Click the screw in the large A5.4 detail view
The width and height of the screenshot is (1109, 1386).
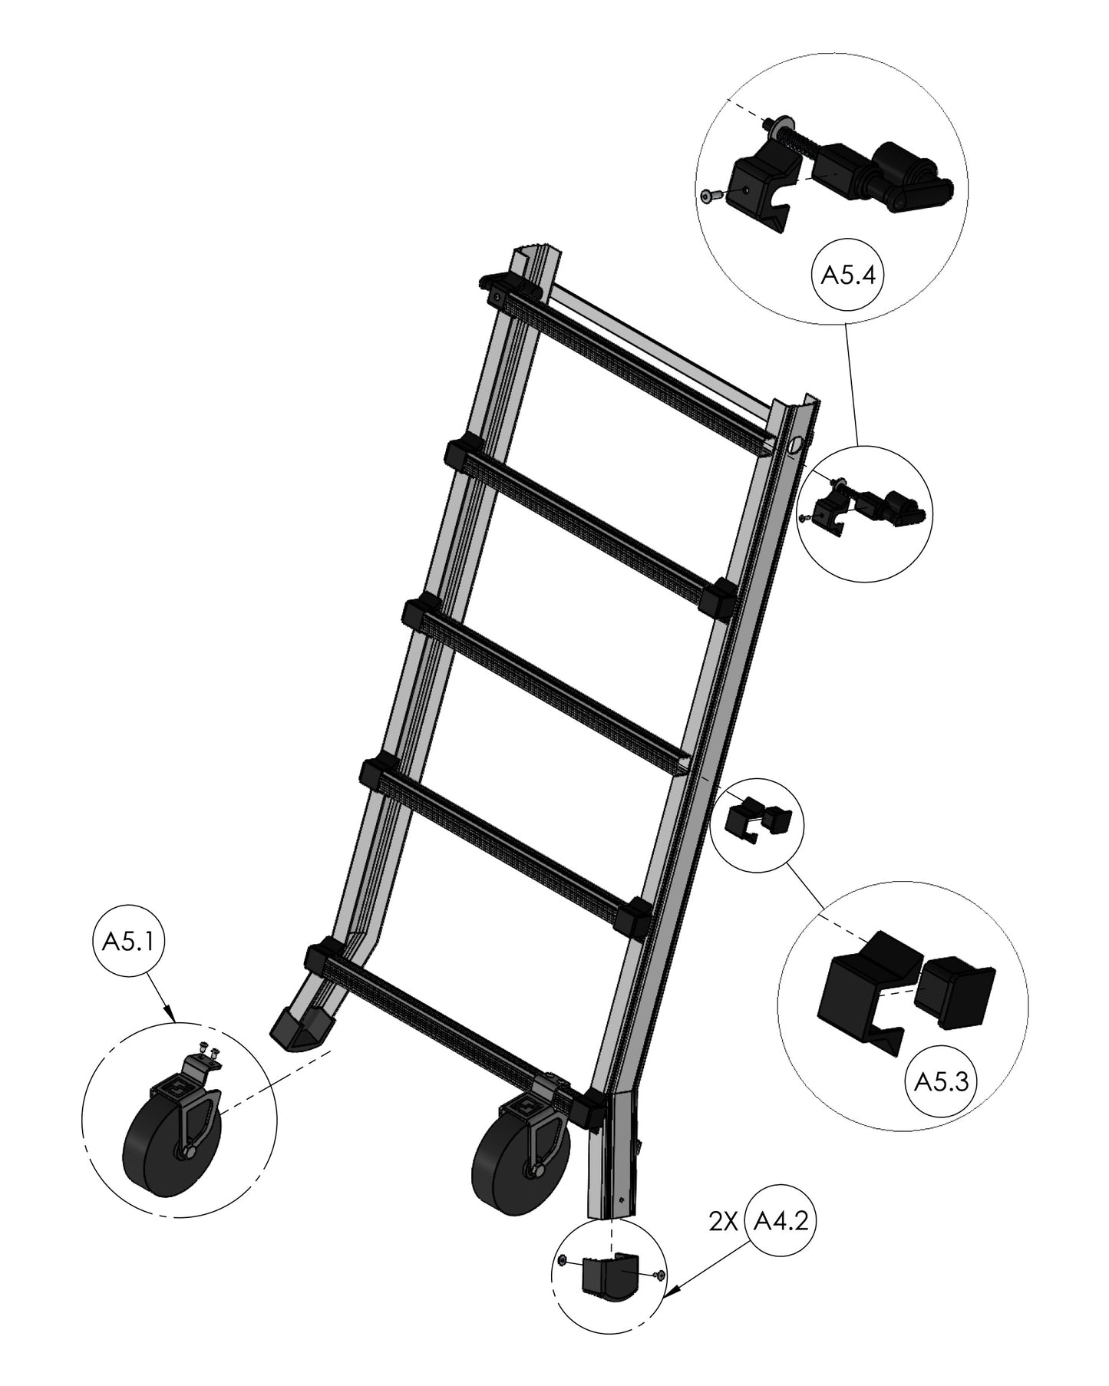(x=711, y=197)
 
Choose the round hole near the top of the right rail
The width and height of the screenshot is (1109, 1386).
(x=796, y=443)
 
